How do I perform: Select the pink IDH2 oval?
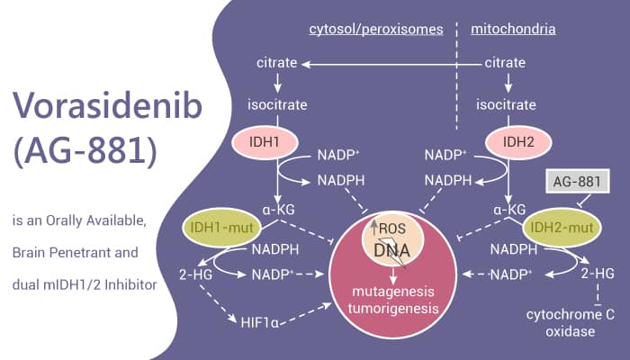pos(512,143)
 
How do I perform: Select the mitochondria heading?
pos(513,29)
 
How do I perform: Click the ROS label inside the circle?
pos(394,229)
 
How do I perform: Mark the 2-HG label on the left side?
pos(205,273)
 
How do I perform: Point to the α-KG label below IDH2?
pos(508,209)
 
